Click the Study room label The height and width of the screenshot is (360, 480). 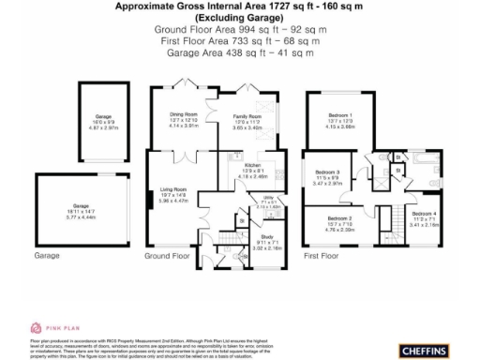pyautogui.click(x=267, y=239)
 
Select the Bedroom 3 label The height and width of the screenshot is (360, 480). pyautogui.click(x=327, y=172)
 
